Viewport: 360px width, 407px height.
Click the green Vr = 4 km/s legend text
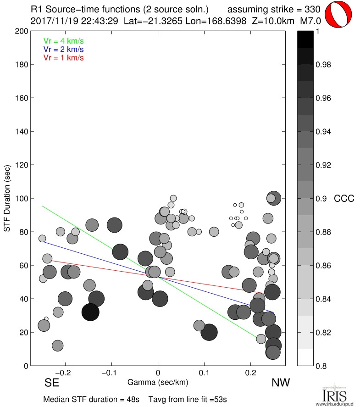63,41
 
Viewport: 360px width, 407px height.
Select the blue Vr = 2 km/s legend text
63,49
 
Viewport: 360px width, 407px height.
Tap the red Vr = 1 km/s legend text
63,57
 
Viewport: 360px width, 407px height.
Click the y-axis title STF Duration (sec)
8,198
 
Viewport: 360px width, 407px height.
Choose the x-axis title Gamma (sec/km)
158,382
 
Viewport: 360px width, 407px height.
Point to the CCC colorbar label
344,199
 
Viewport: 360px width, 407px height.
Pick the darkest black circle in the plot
91,312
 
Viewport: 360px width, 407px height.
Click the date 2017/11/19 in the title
51,21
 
